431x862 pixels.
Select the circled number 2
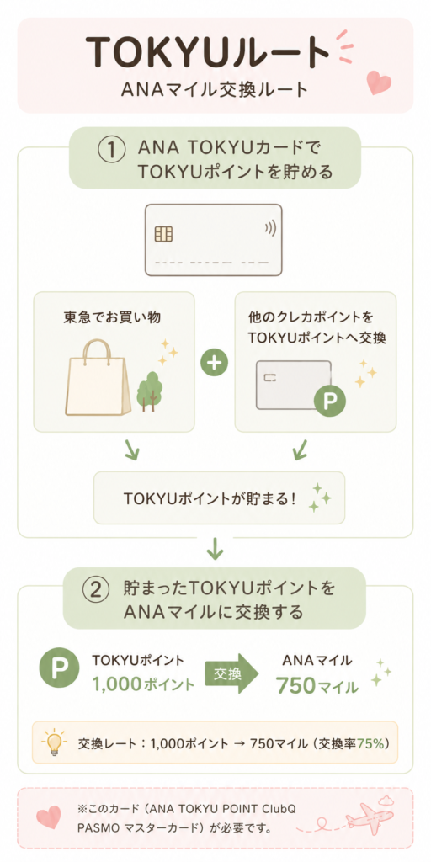[x=94, y=590]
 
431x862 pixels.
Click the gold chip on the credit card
[x=164, y=234]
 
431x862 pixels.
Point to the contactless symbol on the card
[x=270, y=228]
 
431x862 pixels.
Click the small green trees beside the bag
[x=147, y=391]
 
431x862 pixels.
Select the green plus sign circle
[x=215, y=364]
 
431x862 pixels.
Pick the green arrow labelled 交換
[x=231, y=673]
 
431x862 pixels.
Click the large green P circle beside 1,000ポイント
[x=59, y=673]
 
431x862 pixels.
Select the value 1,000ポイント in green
[x=143, y=684]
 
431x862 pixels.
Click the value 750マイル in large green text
[x=317, y=685]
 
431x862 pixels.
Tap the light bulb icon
[x=54, y=742]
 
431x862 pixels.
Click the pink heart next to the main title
[x=379, y=82]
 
